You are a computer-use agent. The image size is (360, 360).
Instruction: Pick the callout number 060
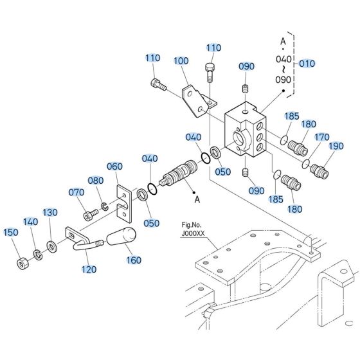[x=114, y=166]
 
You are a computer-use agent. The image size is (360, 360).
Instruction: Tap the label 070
[x=76, y=192]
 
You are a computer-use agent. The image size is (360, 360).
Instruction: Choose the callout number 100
[x=182, y=61]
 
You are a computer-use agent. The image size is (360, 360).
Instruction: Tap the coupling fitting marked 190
[x=320, y=170]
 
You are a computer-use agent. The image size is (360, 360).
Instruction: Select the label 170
[x=321, y=136]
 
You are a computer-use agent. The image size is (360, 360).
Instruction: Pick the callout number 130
[x=50, y=213]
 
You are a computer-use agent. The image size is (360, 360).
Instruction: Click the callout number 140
[x=31, y=222]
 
